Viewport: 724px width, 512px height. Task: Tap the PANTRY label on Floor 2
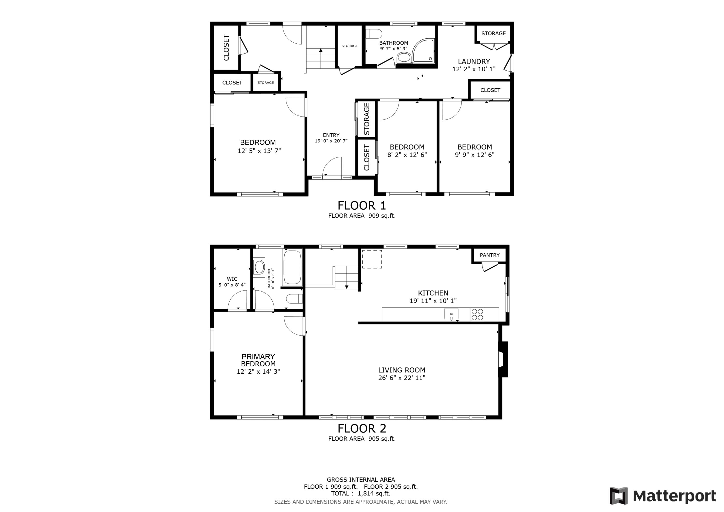pos(489,255)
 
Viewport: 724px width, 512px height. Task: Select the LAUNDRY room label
pos(474,62)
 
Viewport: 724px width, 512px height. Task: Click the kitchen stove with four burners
pos(477,314)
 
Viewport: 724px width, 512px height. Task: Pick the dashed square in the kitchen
pos(372,259)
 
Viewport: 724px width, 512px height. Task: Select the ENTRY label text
pos(331,135)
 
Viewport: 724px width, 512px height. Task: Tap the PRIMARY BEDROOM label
pos(258,360)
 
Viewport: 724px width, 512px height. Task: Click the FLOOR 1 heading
pos(362,206)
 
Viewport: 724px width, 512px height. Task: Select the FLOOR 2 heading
pos(362,428)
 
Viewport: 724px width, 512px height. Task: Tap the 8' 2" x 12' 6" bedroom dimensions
pos(407,154)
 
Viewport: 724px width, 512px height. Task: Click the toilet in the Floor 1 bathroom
pos(374,34)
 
